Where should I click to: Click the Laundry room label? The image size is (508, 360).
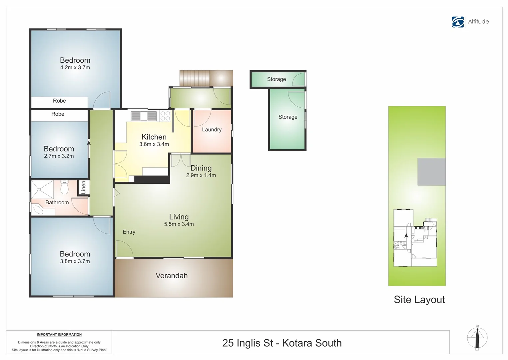point(212,130)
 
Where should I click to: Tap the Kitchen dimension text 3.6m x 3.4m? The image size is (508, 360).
point(154,144)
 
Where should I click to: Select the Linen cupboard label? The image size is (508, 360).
point(84,187)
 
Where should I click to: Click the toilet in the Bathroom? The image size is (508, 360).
point(64,187)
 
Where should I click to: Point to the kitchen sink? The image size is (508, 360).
point(144,116)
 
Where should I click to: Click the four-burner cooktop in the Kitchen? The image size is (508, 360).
point(165,116)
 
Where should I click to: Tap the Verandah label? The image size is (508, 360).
point(172,276)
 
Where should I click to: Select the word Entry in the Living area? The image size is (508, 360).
point(129,232)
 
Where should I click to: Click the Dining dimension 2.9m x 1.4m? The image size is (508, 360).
point(201,175)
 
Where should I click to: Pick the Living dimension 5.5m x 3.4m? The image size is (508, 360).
point(179,224)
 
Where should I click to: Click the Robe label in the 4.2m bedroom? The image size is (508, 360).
point(59,101)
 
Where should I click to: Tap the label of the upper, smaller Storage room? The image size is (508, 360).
point(276,79)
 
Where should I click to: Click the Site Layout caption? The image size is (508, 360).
point(419,300)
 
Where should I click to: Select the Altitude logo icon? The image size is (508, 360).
point(458,22)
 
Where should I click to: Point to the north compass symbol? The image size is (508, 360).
point(477,338)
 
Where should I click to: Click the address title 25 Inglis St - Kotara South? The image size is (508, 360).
point(282,343)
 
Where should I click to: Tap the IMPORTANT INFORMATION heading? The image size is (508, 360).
point(59,335)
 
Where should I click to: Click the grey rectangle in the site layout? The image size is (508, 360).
point(431,172)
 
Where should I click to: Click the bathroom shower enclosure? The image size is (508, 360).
point(42,189)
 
